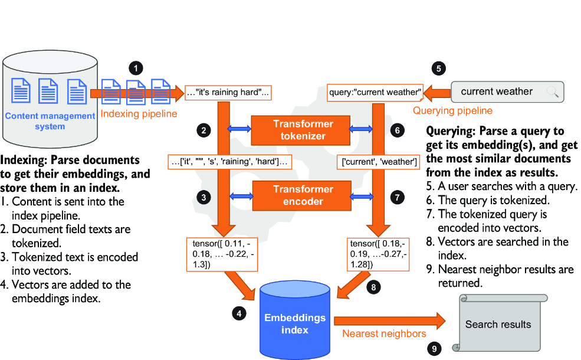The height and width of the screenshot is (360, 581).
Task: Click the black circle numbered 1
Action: click(136, 68)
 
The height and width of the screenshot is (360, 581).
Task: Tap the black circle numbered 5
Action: click(439, 68)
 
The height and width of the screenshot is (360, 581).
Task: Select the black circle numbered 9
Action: click(434, 349)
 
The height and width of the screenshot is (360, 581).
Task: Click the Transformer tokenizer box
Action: click(300, 130)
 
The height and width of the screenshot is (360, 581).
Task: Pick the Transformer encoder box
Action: click(301, 195)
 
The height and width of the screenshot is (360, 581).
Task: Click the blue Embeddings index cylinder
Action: click(295, 320)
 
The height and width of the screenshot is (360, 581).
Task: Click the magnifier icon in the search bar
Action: click(552, 91)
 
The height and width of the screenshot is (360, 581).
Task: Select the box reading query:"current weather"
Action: click(375, 92)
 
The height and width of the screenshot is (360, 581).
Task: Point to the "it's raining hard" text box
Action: click(228, 92)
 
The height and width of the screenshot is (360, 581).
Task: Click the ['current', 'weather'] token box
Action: click(378, 162)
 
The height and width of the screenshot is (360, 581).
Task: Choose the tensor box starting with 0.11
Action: click(222, 254)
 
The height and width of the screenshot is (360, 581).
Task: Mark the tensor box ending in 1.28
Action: click(378, 254)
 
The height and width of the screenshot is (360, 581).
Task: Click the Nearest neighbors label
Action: click(384, 333)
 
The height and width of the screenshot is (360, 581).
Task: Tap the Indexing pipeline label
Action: click(139, 114)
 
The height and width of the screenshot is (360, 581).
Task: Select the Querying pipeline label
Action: click(452, 110)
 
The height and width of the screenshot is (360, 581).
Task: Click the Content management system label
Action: click(50, 121)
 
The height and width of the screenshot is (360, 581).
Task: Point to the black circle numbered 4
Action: click(239, 313)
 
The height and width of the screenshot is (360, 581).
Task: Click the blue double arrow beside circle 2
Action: click(239, 129)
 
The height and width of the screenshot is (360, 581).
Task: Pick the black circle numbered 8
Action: click(373, 287)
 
